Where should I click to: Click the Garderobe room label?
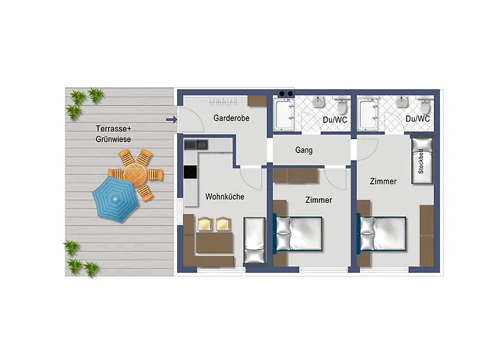point(231,118)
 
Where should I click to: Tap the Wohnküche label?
point(225,197)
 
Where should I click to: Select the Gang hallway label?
point(304,150)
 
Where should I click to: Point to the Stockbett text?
point(420,161)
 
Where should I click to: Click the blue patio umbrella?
point(115,199)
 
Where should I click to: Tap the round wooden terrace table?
point(135,174)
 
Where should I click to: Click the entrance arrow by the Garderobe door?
point(171,120)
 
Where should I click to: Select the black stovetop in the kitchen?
point(190,171)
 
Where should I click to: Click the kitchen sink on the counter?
point(196,145)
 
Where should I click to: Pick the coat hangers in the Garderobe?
point(223,102)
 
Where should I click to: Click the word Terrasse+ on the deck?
point(114,129)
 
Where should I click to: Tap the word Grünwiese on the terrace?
point(113,139)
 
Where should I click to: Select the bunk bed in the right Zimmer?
point(422,161)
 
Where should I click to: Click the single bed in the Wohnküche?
point(254,240)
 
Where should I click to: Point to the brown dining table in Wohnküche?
point(215,243)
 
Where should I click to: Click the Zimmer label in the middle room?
point(318,200)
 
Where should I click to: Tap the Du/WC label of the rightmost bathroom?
point(418,119)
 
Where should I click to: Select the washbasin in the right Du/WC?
point(402,102)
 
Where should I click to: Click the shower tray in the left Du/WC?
point(284,114)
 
